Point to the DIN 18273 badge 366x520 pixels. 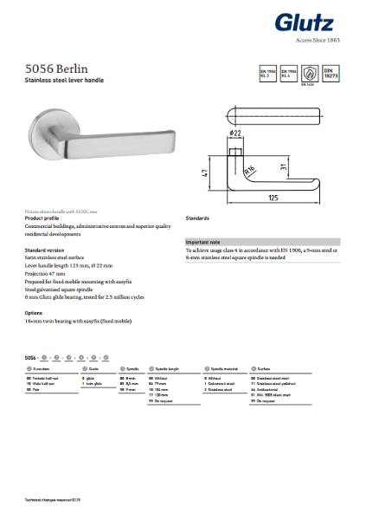[x=329, y=73]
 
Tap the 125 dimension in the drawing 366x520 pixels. [x=273, y=198]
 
